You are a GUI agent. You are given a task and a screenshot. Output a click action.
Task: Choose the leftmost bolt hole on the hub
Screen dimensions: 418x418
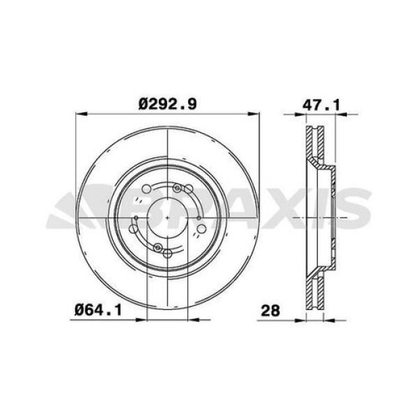[134, 228]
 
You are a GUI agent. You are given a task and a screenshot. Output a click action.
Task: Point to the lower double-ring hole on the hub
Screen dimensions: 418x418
[158, 249]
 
